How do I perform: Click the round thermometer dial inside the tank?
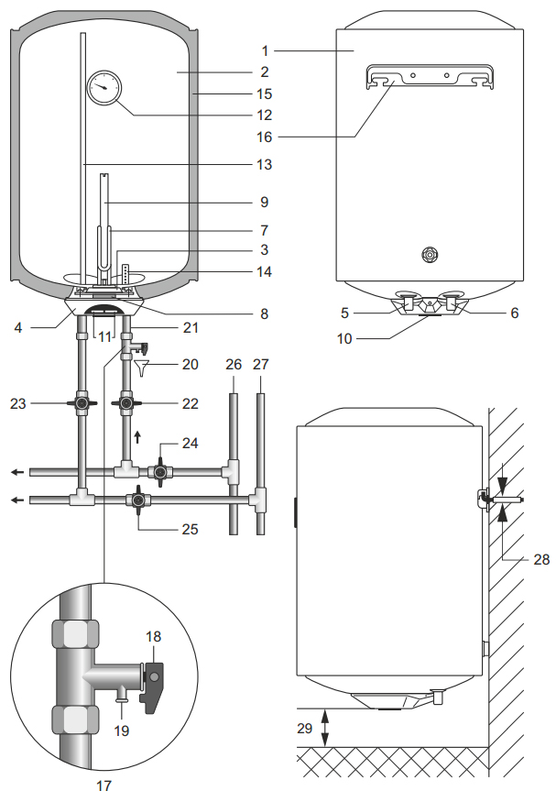(104, 87)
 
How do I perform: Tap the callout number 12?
(264, 115)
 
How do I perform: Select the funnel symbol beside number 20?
(142, 368)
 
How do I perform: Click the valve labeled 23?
(82, 403)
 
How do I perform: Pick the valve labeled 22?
(125, 403)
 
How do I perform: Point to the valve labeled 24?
(160, 472)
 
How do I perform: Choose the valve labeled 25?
(137, 500)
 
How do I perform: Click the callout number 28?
(541, 559)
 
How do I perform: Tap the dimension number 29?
(305, 728)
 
